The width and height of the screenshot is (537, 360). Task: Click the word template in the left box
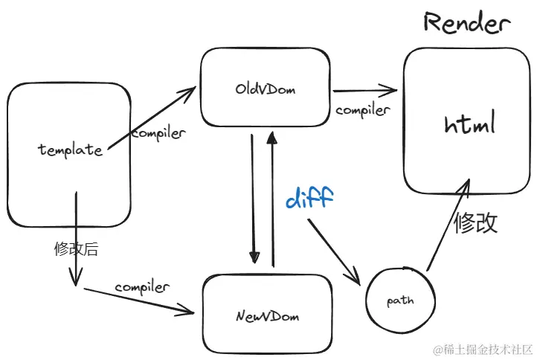pos(70,150)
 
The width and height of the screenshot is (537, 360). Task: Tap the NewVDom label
pos(267,316)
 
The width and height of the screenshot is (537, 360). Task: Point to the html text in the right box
pos(469,124)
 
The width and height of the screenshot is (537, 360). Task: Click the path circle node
pos(400,301)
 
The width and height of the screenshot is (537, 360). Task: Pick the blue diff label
pos(309,198)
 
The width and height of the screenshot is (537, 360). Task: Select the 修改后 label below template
pos(76,249)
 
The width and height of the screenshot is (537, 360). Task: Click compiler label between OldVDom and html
pos(362,110)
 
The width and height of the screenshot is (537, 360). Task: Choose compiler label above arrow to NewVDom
pos(141,286)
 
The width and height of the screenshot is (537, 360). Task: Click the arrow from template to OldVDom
pos(149,118)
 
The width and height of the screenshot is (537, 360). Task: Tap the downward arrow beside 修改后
pos(74,238)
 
